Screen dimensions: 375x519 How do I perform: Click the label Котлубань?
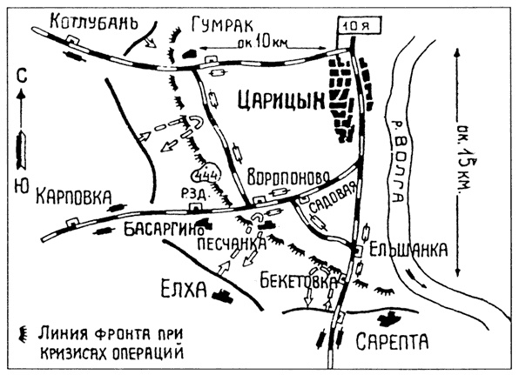pyautogui.click(x=95, y=22)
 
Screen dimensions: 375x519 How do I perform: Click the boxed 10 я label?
pyautogui.click(x=350, y=27)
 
